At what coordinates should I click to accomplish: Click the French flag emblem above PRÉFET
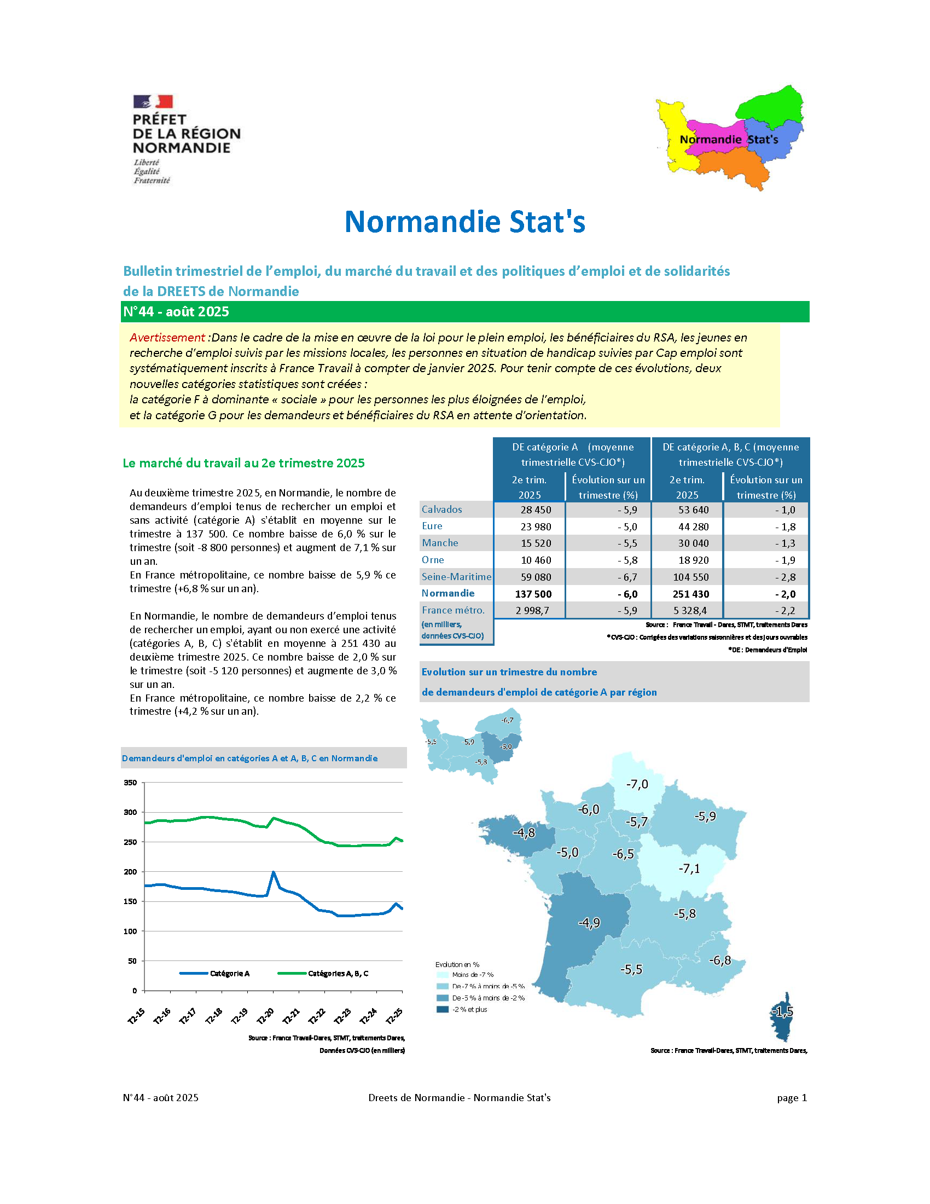[153, 101]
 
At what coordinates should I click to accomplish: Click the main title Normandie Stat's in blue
[464, 222]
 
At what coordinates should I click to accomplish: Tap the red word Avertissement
[167, 337]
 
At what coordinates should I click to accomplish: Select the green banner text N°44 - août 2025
[176, 311]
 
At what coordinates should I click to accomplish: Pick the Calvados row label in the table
[441, 510]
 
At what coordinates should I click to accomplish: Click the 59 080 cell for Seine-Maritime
[536, 577]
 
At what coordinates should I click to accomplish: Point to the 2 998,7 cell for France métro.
[532, 610]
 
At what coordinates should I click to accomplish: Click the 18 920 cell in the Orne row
[693, 560]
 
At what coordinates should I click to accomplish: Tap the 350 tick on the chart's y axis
[130, 782]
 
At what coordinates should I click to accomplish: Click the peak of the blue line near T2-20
[274, 872]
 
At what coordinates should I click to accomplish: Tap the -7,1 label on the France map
[689, 869]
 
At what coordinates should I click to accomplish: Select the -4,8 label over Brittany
[524, 832]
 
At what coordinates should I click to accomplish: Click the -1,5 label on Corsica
[782, 1011]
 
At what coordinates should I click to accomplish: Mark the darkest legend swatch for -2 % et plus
[443, 1009]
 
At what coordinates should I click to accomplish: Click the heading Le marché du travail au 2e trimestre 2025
[243, 463]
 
